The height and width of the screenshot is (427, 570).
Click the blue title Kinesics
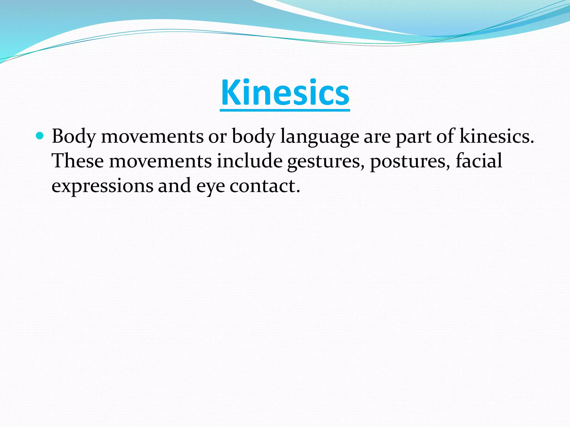[x=285, y=93]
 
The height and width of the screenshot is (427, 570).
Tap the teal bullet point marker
[x=40, y=136]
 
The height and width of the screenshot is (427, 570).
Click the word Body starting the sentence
[x=74, y=136]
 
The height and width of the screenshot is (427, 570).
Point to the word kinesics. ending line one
[x=497, y=136]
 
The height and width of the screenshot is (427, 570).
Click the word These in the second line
[x=78, y=161]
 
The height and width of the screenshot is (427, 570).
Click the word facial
[x=479, y=161]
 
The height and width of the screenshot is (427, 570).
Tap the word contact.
[x=265, y=186]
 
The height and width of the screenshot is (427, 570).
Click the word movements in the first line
[x=152, y=136]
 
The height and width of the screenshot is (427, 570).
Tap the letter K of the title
[x=230, y=93]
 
